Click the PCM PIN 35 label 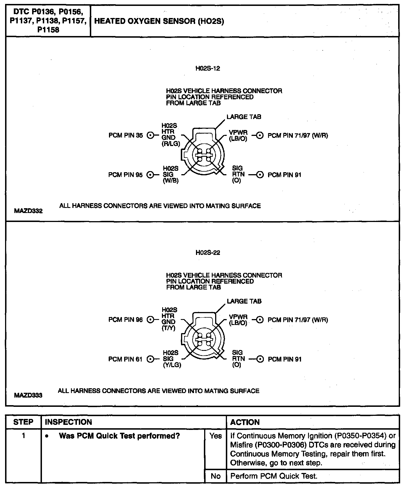[126, 136]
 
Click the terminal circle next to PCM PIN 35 [151, 136]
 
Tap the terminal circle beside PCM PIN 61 [151, 359]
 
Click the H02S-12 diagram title [208, 68]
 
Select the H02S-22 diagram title [208, 253]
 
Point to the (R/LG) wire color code [171, 144]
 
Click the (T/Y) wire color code [168, 328]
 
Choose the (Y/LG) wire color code [172, 365]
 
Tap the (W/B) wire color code [171, 181]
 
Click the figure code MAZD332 [28, 211]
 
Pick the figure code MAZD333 [28, 395]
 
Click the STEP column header [23, 422]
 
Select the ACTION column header [245, 422]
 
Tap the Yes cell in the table [215, 436]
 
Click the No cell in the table [215, 476]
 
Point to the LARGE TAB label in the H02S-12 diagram [244, 117]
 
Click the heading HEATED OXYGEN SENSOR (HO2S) [159, 21]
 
